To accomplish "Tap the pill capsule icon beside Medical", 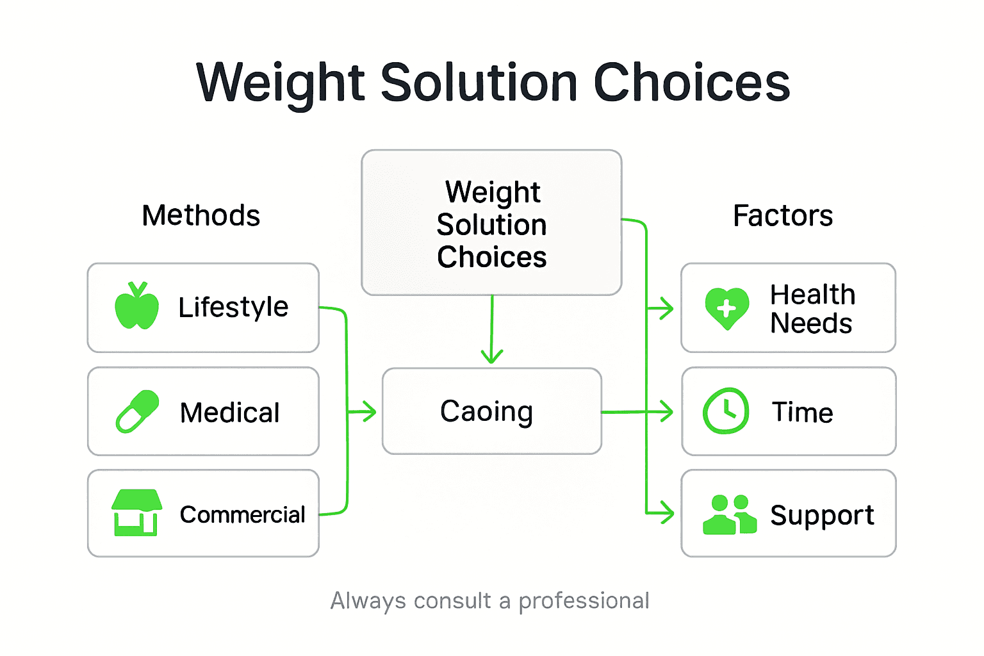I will (137, 411).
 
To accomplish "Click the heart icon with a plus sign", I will (726, 308).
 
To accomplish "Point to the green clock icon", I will (726, 411).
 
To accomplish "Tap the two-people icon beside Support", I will (729, 514).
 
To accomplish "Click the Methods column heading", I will (201, 215).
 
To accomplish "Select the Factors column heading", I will (783, 215).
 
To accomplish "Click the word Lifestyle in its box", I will (233, 307).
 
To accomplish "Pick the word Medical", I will (230, 413).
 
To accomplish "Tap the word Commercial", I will (242, 514).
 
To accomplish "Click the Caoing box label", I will (486, 411).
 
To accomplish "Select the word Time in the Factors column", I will (802, 412).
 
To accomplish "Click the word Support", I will (822, 515).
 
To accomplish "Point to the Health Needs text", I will (812, 309).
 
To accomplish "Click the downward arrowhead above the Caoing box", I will (491, 356).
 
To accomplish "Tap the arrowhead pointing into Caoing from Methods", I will (368, 411).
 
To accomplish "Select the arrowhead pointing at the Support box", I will (667, 513).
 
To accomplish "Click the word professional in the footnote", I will (584, 601).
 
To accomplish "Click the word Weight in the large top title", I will (281, 83).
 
